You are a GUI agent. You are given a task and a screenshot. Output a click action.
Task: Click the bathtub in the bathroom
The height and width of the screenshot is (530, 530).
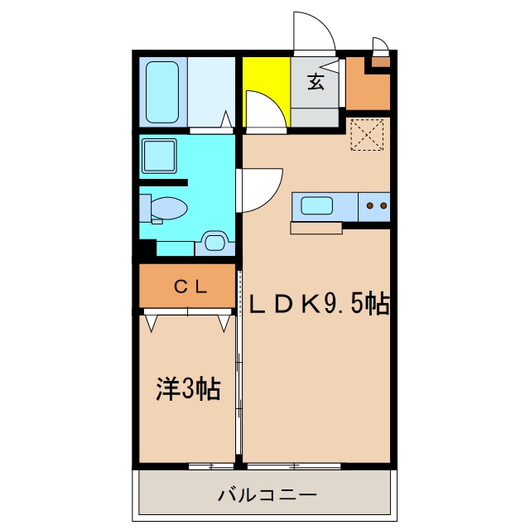(x=163, y=91)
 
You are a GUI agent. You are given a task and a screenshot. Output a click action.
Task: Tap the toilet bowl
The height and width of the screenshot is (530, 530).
(x=169, y=208)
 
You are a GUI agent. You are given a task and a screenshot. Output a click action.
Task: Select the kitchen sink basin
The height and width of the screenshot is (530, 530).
(x=316, y=205)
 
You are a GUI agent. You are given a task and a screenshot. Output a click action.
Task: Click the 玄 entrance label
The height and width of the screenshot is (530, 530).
(x=316, y=81)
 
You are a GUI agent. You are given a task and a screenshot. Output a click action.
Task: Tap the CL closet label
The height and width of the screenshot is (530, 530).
(x=190, y=287)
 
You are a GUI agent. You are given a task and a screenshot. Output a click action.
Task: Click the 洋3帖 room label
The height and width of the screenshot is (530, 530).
(x=188, y=388)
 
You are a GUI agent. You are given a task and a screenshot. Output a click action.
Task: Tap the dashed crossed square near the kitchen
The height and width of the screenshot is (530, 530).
(x=366, y=135)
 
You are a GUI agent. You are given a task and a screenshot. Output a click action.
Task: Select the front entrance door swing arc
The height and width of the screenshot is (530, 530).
(x=315, y=35)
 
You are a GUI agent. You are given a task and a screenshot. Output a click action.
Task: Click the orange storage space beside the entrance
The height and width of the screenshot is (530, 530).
(x=365, y=91)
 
